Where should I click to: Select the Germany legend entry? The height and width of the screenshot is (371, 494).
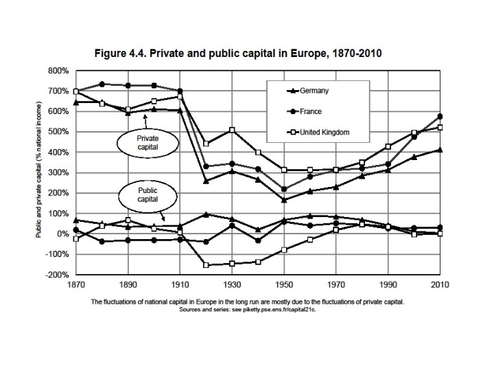click(312, 91)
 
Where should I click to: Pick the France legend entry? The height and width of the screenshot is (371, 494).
click(311, 111)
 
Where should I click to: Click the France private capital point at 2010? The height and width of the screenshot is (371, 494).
click(438, 117)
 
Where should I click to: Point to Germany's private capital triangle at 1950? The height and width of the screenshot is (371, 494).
click(284, 200)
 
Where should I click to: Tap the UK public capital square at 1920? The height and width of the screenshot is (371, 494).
click(206, 265)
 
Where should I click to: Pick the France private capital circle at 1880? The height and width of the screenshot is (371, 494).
click(102, 84)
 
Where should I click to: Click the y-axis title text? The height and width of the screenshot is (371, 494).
click(39, 172)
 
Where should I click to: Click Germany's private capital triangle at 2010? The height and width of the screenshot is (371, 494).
click(438, 150)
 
